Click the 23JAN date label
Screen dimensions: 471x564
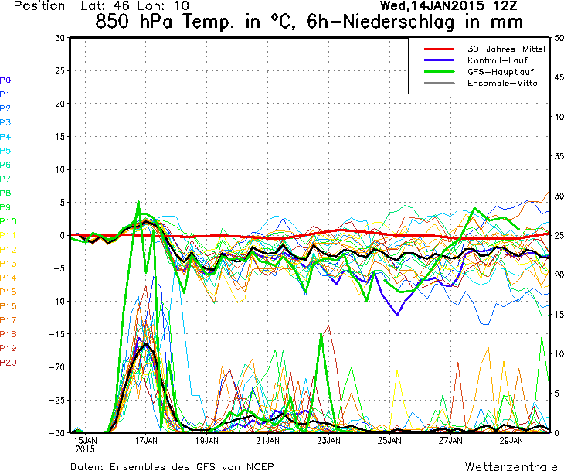[x=328, y=440]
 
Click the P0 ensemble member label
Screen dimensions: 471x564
[x=5, y=80]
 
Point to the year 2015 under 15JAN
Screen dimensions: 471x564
[x=85, y=449]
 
